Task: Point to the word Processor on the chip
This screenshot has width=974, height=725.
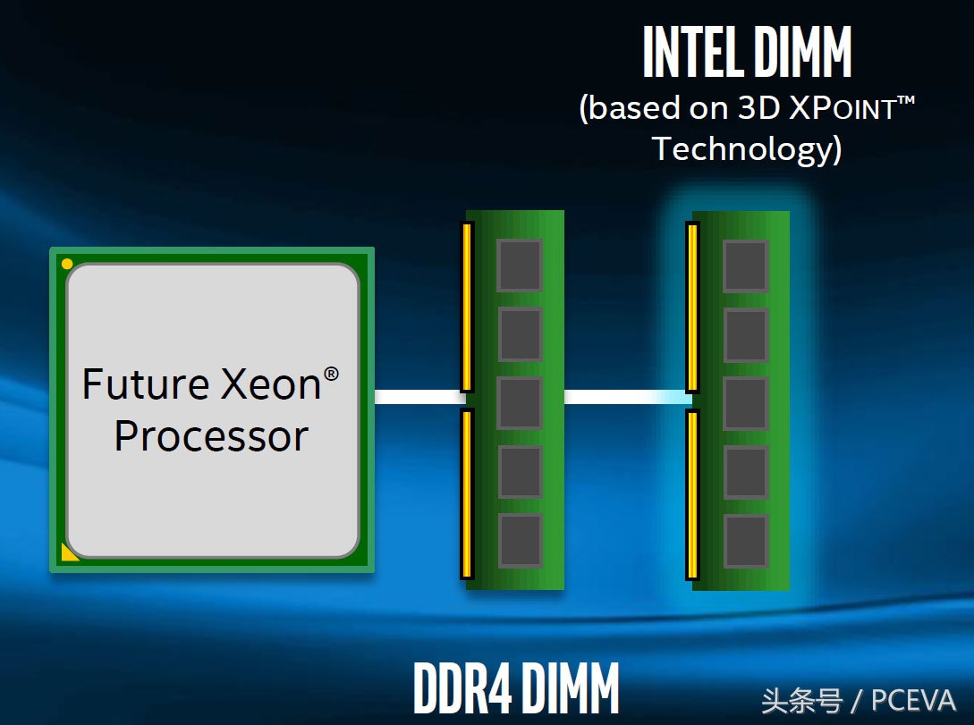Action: (x=211, y=436)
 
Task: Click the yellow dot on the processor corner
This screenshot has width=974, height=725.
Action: (x=67, y=264)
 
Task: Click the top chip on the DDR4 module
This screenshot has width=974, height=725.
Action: (x=520, y=266)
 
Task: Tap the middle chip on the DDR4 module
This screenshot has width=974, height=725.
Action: (x=520, y=403)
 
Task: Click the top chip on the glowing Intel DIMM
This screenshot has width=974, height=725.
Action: (x=745, y=266)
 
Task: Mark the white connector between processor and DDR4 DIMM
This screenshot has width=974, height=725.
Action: (x=417, y=397)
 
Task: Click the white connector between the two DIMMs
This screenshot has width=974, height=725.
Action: (x=624, y=397)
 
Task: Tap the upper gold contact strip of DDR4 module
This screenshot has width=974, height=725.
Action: (x=466, y=308)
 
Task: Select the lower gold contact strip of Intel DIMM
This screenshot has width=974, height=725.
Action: (x=691, y=494)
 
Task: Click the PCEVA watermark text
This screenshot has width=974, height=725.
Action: (x=913, y=700)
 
